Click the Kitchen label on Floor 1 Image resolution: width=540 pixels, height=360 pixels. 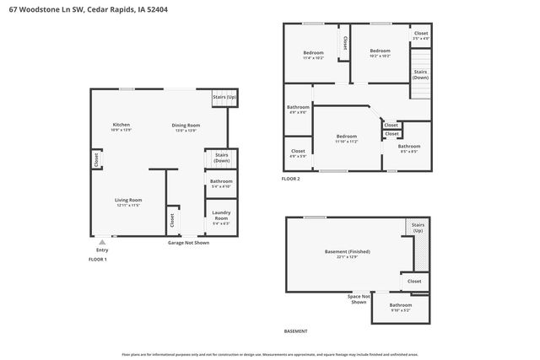pyautogui.click(x=121, y=127)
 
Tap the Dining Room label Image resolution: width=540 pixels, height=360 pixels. pyautogui.click(x=185, y=127)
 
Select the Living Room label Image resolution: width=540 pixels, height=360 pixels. pyautogui.click(x=128, y=202)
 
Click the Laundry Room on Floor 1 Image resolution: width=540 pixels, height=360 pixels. pyautogui.click(x=221, y=218)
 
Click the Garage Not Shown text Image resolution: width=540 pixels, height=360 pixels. pyautogui.click(x=188, y=242)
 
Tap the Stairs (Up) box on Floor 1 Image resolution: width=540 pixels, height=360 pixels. pyautogui.click(x=223, y=98)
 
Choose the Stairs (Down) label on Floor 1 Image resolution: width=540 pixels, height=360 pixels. pyautogui.click(x=222, y=158)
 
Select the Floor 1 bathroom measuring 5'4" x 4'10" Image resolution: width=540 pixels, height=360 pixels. pyautogui.click(x=221, y=183)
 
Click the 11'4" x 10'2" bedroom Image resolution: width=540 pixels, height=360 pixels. pyautogui.click(x=314, y=55)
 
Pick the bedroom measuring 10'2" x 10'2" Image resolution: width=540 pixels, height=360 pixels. pyautogui.click(x=380, y=53)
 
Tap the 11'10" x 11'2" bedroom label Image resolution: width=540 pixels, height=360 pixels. pyautogui.click(x=347, y=138)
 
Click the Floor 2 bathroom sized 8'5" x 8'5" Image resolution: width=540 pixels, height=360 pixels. pyautogui.click(x=409, y=148)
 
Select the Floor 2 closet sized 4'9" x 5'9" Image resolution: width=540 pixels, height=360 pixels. pyautogui.click(x=298, y=153)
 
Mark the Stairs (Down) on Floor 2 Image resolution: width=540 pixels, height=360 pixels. pyautogui.click(x=420, y=74)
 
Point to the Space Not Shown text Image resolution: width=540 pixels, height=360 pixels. pyautogui.click(x=359, y=298)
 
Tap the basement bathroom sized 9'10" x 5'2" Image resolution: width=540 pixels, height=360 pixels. pyautogui.click(x=401, y=307)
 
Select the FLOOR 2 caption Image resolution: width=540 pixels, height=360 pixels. pyautogui.click(x=291, y=179)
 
